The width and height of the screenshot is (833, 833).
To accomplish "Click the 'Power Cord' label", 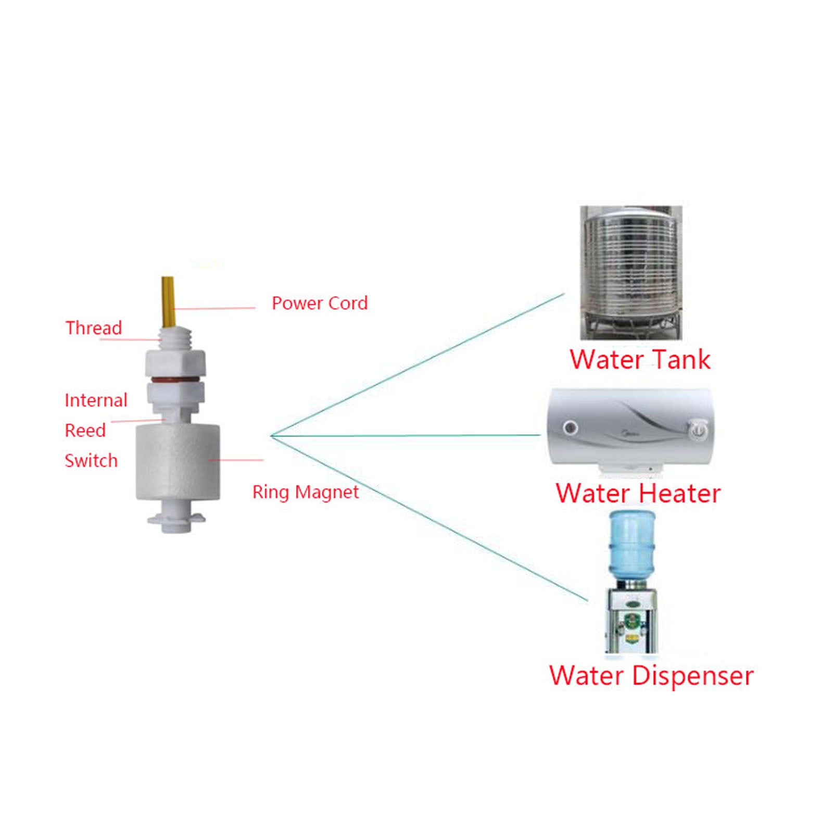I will pos(320,303).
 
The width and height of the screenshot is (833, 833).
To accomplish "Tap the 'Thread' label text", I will pos(94,328).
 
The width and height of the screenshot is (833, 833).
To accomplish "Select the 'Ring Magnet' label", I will pos(306,492).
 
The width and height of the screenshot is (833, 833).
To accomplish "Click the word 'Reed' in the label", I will pos(85,431).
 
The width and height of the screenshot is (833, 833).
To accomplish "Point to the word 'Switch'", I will pos(91,461).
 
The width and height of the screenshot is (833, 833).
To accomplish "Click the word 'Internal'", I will pos(96,400).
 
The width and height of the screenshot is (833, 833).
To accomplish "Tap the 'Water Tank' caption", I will pos(640,360).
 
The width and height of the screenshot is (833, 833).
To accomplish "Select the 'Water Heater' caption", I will pos(638,493).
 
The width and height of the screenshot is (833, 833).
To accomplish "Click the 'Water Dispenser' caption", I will pos(651,676).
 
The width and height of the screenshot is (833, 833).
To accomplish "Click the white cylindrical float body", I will pos(177,462).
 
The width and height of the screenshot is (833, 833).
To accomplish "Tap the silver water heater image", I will pos(630,430).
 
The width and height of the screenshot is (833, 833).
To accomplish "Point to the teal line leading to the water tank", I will pos(416,364).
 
